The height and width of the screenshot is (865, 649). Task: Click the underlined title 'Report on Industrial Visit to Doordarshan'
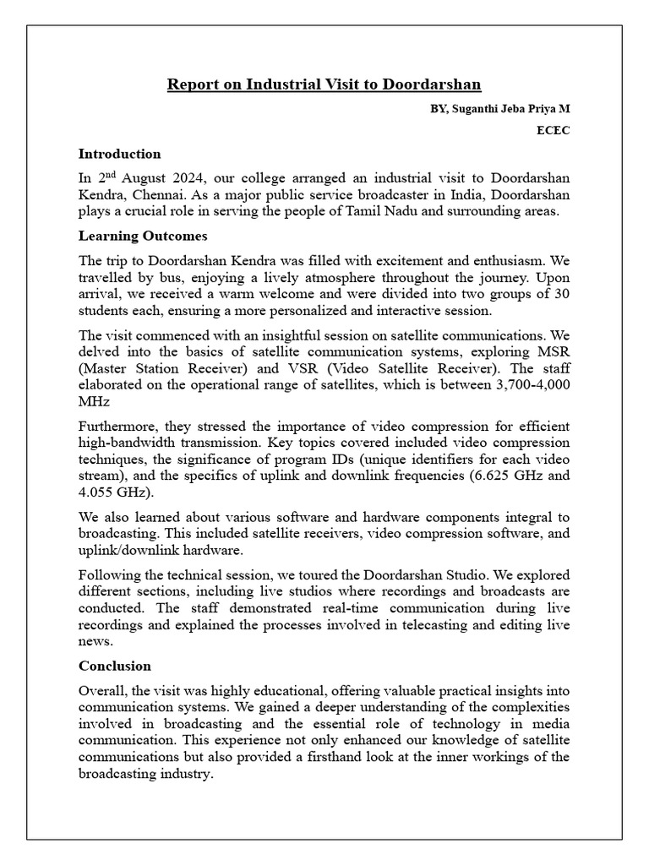pyautogui.click(x=324, y=84)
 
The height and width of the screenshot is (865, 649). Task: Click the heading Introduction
pyautogui.click(x=119, y=154)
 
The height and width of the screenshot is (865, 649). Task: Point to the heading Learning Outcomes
pyautogui.click(x=143, y=236)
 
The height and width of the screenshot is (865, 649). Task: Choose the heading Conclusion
pyautogui.click(x=115, y=666)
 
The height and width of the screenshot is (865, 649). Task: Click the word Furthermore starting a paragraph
pyautogui.click(x=117, y=426)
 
